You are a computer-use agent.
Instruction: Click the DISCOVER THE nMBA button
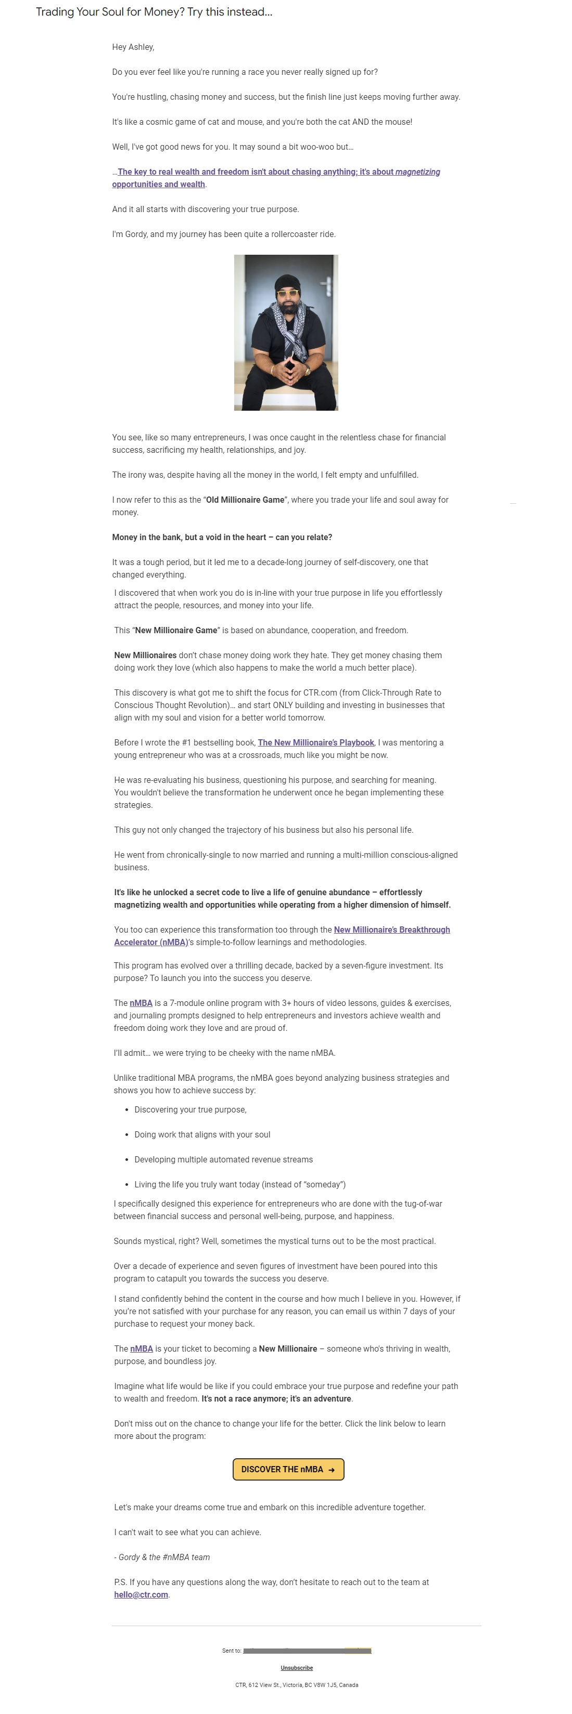tap(288, 1469)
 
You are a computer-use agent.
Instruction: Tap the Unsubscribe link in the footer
tap(296, 1667)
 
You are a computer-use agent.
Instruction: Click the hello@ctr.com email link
tap(141, 1594)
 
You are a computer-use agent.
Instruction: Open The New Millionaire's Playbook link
tap(315, 742)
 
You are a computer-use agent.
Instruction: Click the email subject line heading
tap(154, 12)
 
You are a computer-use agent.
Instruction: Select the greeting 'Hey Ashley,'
tap(133, 47)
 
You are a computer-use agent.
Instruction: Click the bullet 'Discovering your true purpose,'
tap(190, 1109)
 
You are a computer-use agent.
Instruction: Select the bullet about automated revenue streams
tap(223, 1159)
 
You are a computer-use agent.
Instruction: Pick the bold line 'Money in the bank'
tap(222, 537)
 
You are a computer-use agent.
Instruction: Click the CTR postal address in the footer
tap(296, 1685)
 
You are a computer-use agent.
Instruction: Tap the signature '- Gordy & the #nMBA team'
tap(162, 1557)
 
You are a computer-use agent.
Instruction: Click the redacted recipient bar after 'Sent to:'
tap(307, 1651)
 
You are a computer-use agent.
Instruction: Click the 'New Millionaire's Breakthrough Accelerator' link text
tap(391, 930)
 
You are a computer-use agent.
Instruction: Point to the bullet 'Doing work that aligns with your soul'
tap(202, 1134)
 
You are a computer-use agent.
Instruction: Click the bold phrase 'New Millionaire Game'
tap(176, 630)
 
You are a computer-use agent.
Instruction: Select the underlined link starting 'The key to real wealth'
tap(278, 172)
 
